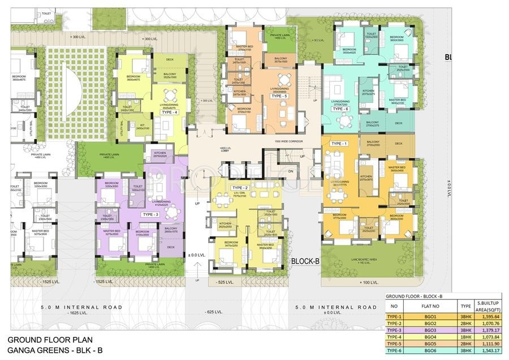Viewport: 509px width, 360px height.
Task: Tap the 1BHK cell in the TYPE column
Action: (x=466, y=337)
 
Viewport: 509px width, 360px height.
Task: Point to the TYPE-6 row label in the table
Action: (x=395, y=351)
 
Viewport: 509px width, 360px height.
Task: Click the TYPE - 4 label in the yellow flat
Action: (x=169, y=112)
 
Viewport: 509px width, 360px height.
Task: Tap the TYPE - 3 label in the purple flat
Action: (x=150, y=215)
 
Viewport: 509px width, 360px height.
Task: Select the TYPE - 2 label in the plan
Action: (x=240, y=187)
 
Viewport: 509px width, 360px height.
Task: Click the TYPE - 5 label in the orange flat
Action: (x=279, y=97)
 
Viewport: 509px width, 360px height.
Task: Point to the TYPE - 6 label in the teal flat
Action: (x=340, y=109)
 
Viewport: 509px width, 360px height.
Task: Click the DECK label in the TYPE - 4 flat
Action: (x=169, y=59)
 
